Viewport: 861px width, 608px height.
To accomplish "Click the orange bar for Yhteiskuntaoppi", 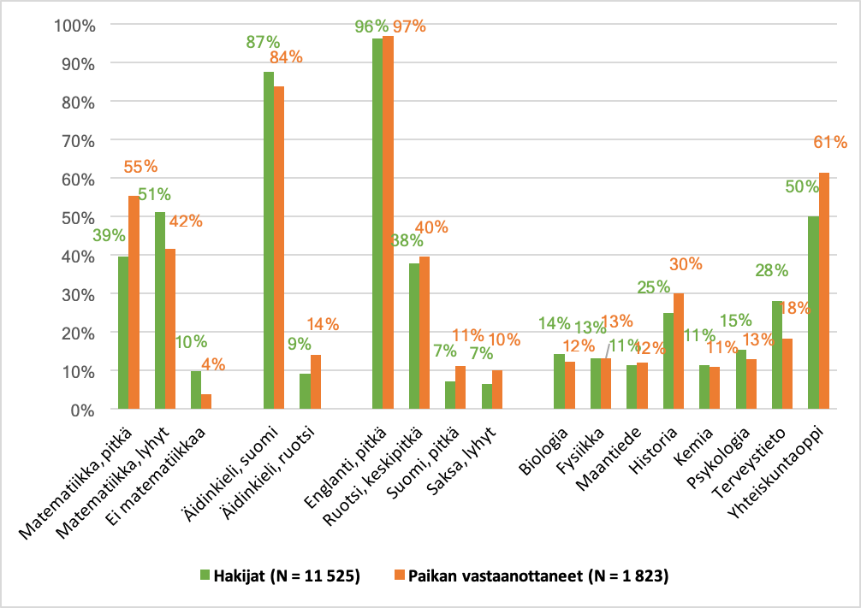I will pos(824,291).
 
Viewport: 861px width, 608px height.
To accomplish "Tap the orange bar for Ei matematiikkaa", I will pos(205,402).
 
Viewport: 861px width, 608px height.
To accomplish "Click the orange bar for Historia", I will pos(679,351).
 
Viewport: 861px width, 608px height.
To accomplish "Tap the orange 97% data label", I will pos(408,27).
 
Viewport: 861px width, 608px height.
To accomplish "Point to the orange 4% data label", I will pos(213,363).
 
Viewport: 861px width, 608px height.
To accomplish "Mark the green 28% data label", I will pos(771,271).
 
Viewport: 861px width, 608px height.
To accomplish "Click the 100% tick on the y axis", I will pos(76,25).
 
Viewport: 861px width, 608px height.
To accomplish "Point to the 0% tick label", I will pos(83,410).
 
